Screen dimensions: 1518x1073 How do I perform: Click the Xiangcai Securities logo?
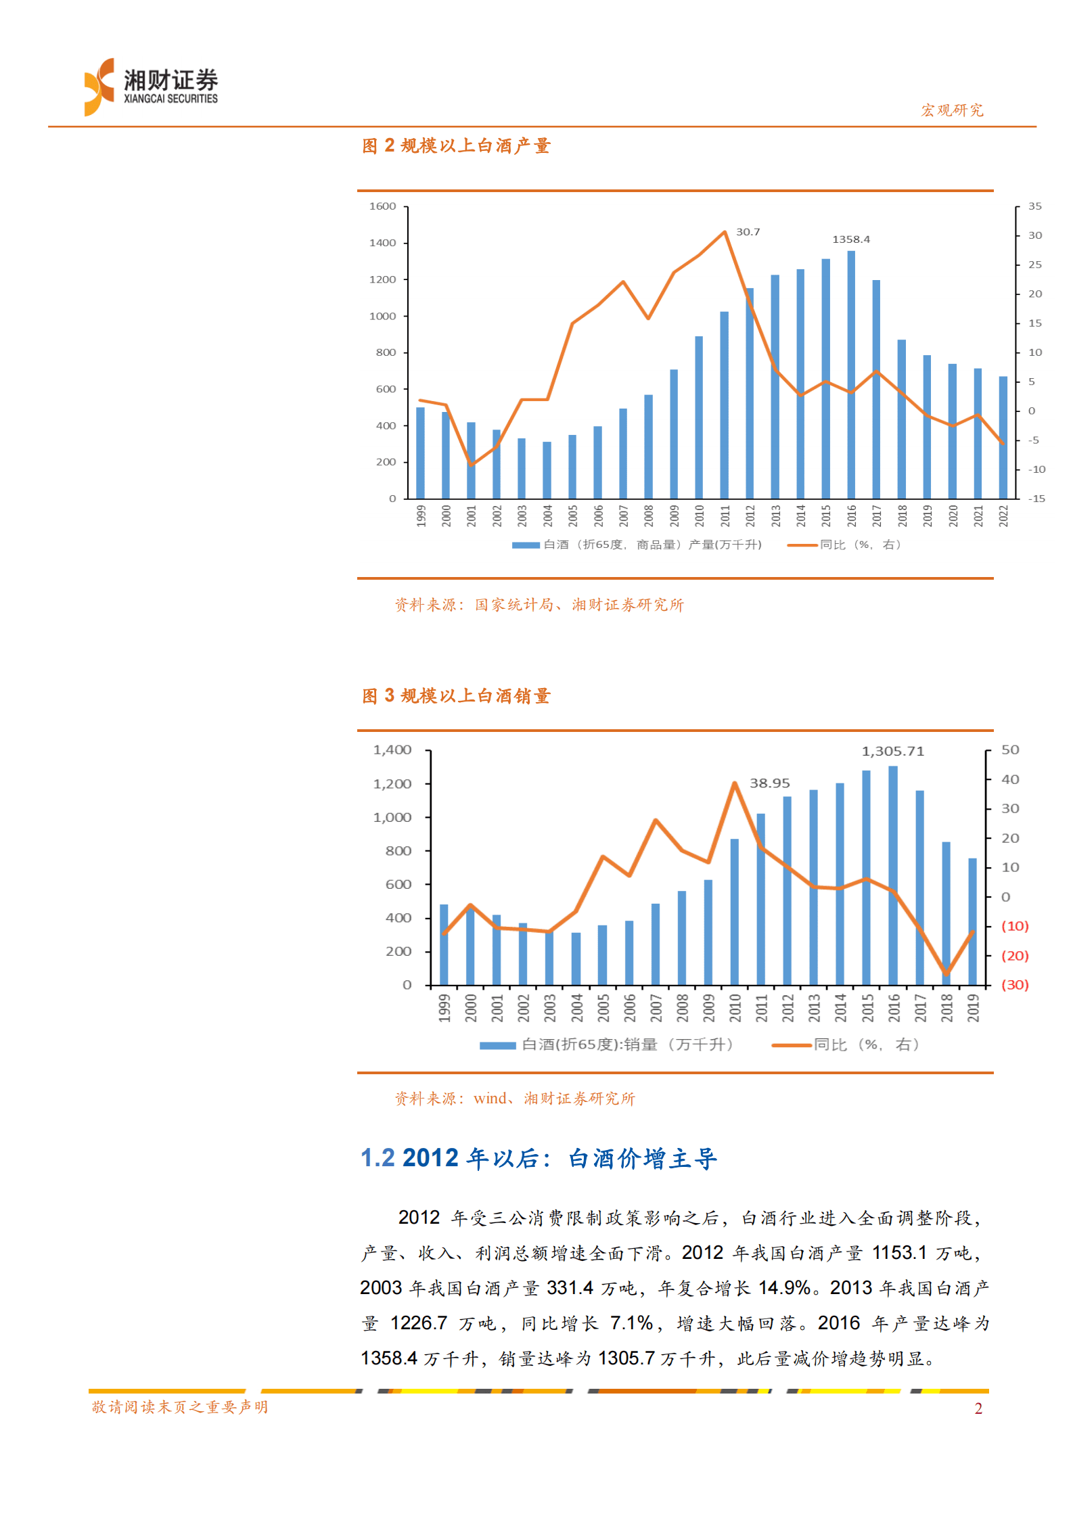click(x=150, y=87)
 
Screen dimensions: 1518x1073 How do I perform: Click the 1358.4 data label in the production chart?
click(x=850, y=239)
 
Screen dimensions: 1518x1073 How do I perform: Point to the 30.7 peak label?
click(x=748, y=232)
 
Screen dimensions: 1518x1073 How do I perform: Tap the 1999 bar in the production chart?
click(x=421, y=453)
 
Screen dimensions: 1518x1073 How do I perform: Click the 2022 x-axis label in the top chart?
click(x=1003, y=516)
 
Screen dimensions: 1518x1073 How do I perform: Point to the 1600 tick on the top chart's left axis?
click(x=382, y=206)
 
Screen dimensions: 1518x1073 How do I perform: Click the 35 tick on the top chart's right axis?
click(x=1034, y=206)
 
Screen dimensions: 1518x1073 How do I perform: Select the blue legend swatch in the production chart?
click(x=525, y=545)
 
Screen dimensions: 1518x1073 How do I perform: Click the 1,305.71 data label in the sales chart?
click(x=892, y=751)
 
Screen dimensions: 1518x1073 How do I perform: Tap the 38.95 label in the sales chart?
click(x=769, y=783)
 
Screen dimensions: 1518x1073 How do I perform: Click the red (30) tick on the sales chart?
click(x=1014, y=984)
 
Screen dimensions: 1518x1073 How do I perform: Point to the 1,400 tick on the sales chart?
click(x=392, y=750)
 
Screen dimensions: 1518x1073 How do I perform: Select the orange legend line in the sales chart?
click(x=792, y=1045)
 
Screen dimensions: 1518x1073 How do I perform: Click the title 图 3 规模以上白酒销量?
click(x=456, y=695)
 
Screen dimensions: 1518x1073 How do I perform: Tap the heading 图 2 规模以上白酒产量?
click(x=456, y=145)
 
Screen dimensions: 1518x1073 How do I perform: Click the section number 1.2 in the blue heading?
click(x=378, y=1157)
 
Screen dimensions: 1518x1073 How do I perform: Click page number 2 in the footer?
click(x=978, y=1408)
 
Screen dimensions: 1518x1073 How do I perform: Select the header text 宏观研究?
click(x=952, y=110)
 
